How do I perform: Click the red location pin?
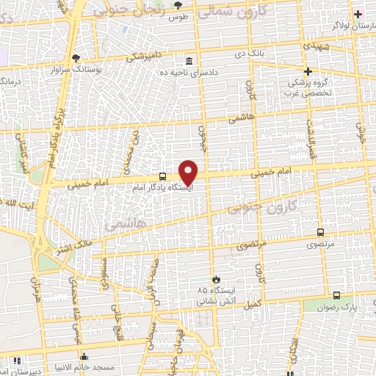point(189,172)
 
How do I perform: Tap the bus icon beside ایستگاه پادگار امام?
point(162,176)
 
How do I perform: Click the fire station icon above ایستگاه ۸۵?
point(216,279)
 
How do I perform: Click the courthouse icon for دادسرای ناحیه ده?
point(189,61)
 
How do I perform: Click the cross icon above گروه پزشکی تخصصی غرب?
point(308,71)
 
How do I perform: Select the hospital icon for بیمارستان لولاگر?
point(357,13)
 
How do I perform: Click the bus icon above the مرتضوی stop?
point(319,231)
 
